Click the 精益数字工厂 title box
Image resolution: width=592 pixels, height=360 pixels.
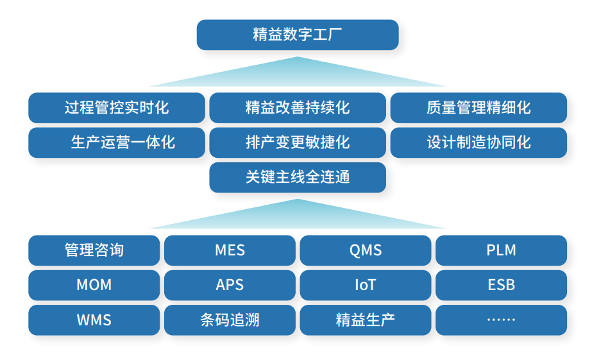pos(297,35)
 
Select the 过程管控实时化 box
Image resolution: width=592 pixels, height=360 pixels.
pos(116,108)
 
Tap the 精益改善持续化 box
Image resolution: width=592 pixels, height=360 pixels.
pos(298,108)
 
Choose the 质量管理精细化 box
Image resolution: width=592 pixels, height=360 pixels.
pos(478,108)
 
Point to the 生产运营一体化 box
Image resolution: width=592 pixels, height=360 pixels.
pos(116,142)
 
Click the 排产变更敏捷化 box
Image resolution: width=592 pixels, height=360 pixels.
pos(298,142)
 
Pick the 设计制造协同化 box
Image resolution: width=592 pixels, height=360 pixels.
pos(478,142)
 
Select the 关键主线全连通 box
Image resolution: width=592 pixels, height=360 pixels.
pos(298,177)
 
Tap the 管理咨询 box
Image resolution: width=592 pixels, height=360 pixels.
pos(94,250)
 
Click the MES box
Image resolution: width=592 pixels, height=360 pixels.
pos(230,250)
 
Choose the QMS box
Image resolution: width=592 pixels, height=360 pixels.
pos(366,250)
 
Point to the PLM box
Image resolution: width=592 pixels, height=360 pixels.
pos(501,250)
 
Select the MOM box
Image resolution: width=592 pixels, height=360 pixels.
pos(94,285)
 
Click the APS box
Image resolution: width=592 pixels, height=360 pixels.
pos(230,285)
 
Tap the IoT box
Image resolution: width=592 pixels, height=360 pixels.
pos(366,285)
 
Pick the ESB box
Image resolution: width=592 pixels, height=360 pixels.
pos(501,285)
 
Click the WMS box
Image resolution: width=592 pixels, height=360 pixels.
pos(94,320)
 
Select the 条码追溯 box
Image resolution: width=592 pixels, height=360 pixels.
pos(230,320)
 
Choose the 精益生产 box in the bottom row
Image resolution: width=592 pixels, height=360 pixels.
pos(366,320)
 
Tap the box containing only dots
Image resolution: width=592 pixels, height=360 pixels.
pos(501,320)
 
